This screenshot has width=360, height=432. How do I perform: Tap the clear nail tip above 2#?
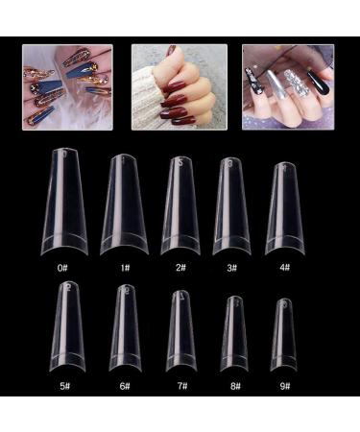coord(180,204)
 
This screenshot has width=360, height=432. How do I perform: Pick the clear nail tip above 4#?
coord(284,206)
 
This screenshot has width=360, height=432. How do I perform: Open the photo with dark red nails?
coord(179,85)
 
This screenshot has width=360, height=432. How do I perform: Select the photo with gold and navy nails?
coord(68,85)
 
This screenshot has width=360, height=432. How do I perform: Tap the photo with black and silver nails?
coord(288,85)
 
